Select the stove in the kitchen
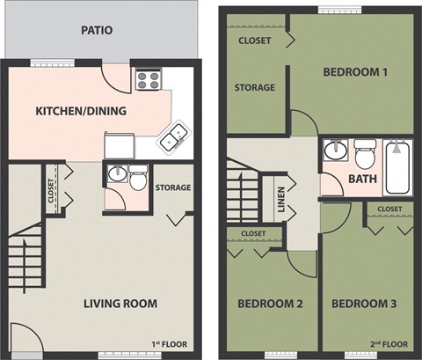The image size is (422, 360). point(148,81)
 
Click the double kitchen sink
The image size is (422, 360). point(172,136)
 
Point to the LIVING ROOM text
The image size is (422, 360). point(120,304)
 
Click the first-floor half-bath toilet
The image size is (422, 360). point(138,180)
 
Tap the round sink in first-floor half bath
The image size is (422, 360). point(115,175)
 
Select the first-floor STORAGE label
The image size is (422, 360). point(172,187)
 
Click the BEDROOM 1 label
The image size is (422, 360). point(355,72)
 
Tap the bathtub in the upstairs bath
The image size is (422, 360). point(398,166)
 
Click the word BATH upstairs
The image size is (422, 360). point(362,179)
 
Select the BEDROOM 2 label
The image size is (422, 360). point(270,304)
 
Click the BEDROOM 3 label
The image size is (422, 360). point(364,304)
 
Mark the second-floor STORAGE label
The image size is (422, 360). point(255,87)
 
